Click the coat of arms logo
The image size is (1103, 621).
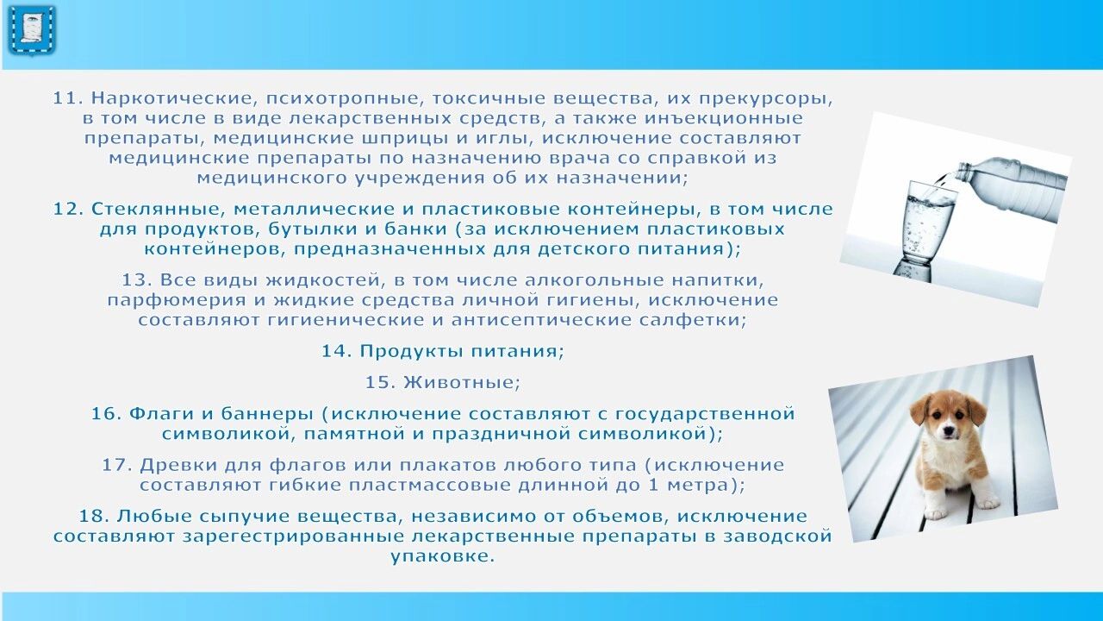(32, 30)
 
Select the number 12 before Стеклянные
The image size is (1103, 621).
(68, 209)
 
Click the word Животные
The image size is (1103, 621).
(461, 382)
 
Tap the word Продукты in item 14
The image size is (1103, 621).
(412, 351)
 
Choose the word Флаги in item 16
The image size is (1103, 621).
(161, 413)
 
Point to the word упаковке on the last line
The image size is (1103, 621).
(442, 557)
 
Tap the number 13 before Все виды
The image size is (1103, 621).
(137, 280)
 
